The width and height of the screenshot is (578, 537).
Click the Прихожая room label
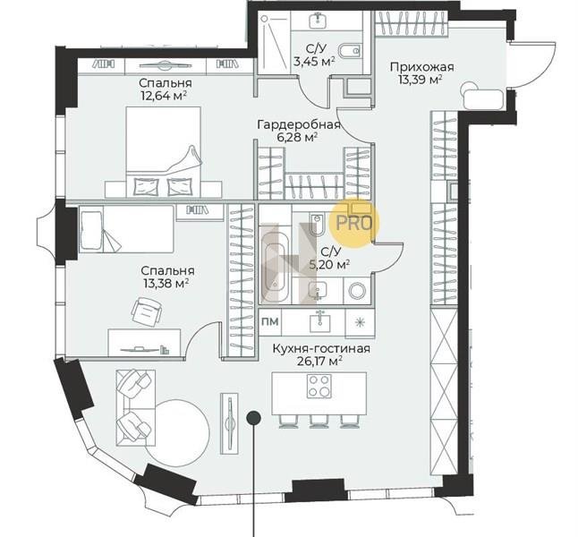pyautogui.click(x=421, y=67)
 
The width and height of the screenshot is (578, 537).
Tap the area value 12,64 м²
pyautogui.click(x=163, y=96)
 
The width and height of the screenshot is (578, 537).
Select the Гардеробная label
pyautogui.click(x=299, y=124)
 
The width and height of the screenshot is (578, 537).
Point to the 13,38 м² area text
pyautogui.click(x=166, y=283)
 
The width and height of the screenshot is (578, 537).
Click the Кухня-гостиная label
pyautogui.click(x=321, y=348)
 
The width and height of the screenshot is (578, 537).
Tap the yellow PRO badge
pyautogui.click(x=354, y=222)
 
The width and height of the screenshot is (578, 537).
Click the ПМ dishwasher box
pyautogui.click(x=270, y=321)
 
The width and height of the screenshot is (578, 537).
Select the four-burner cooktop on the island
pyautogui.click(x=319, y=386)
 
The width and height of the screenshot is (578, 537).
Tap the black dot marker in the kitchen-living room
pyautogui.click(x=253, y=418)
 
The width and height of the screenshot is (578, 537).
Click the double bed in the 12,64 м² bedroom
pyautogui.click(x=164, y=151)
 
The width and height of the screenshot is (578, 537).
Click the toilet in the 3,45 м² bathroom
pyautogui.click(x=349, y=51)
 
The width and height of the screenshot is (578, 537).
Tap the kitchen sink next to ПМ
pyautogui.click(x=319, y=321)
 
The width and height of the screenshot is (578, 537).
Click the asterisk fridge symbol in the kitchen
pyautogui.click(x=360, y=322)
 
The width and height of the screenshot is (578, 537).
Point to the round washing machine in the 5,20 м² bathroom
pyautogui.click(x=357, y=291)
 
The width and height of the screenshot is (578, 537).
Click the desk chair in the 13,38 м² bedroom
pyautogui.click(x=147, y=312)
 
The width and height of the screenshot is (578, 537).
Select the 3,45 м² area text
pyautogui.click(x=314, y=61)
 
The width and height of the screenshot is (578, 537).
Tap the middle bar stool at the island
pyautogui.click(x=319, y=422)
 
